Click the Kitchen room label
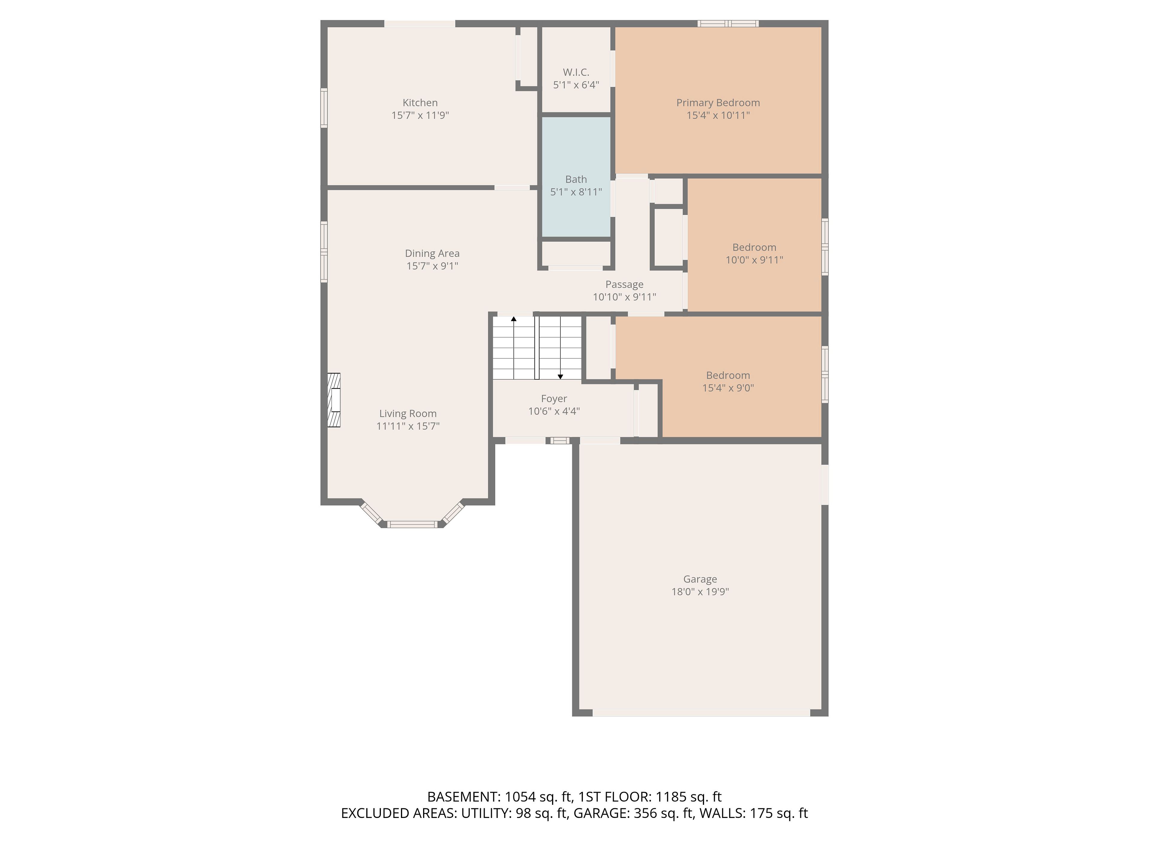tap(420, 103)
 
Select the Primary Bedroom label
tap(718, 103)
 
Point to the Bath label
tap(576, 179)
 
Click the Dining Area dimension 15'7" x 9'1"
tap(432, 266)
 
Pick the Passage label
tap(624, 284)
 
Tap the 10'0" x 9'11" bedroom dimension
tap(754, 260)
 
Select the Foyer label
tap(554, 399)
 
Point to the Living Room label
tap(408, 414)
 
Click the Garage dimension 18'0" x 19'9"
tap(700, 592)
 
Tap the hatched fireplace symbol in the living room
tap(334, 400)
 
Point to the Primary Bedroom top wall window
tap(728, 23)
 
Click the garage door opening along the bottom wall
tap(701, 713)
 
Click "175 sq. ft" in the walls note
tap(779, 813)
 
